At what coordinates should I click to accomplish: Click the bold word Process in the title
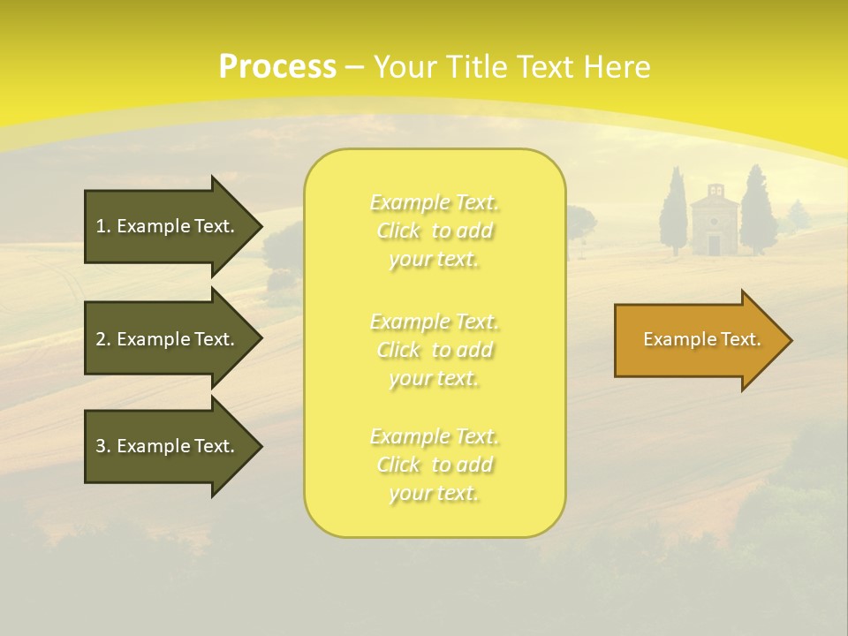[x=277, y=67]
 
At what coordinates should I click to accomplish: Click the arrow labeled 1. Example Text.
[x=168, y=226]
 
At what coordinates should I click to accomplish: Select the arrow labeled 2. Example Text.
[x=168, y=339]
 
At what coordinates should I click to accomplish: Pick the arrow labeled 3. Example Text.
[x=168, y=446]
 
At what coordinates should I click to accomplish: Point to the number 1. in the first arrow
[x=103, y=226]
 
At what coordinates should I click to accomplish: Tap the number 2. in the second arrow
[x=103, y=339]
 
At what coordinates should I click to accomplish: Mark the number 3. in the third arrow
[x=103, y=446]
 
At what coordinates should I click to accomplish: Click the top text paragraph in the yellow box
[x=435, y=231]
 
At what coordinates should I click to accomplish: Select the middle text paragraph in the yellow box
[x=435, y=350]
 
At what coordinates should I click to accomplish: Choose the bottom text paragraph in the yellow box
[x=435, y=465]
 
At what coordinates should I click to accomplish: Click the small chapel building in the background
[x=714, y=223]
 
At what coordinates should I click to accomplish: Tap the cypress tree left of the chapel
[x=674, y=212]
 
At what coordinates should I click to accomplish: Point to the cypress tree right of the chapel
[x=756, y=210]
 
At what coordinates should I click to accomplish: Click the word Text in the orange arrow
[x=740, y=339]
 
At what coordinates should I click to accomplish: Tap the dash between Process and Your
[x=354, y=67]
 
